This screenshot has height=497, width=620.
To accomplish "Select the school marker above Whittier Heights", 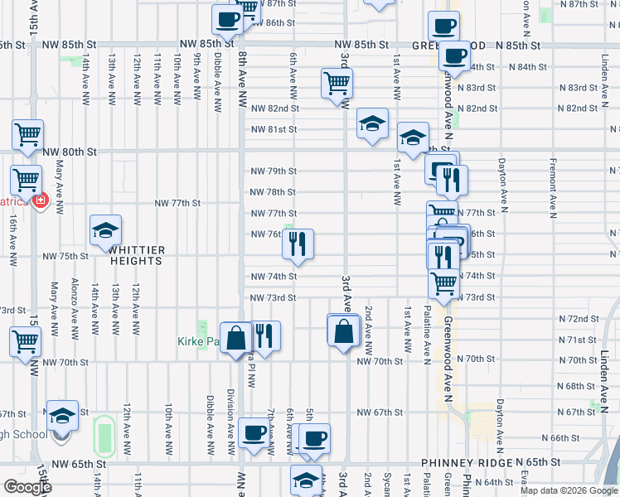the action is [x=105, y=231].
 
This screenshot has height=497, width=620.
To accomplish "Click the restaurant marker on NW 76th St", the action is [x=298, y=244].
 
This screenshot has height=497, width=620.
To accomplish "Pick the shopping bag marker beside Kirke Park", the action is [x=236, y=337].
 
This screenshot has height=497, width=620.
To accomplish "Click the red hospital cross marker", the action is [x=40, y=200].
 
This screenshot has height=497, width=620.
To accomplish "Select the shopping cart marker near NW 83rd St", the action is [x=337, y=83].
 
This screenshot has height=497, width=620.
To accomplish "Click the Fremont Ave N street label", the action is [x=553, y=186].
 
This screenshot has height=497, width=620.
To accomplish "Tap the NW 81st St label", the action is [x=274, y=129].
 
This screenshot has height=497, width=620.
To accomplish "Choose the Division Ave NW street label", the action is [x=230, y=418].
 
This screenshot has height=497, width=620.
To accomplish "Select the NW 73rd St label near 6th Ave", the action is [x=274, y=297].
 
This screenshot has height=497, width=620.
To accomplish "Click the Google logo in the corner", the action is [x=27, y=487].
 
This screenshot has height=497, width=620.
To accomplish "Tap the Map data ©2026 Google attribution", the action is [x=569, y=490].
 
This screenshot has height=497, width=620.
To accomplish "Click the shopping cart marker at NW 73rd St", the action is [x=444, y=282].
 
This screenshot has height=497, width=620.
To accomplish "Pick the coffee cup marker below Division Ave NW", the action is [x=254, y=433].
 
